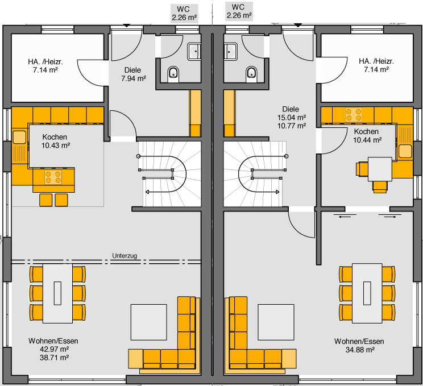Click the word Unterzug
[125, 256]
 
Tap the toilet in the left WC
[173, 74]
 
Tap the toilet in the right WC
[252, 74]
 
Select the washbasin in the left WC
[194, 51]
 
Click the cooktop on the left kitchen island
[53, 177]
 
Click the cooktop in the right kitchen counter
[354, 114]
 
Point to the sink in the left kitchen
[19, 137]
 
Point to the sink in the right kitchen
[405, 151]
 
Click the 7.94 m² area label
[134, 78]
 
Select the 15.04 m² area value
[292, 118]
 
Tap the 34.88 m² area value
[360, 350]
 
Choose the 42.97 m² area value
[54, 349]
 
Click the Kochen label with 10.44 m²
[366, 132]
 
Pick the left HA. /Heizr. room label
[45, 62]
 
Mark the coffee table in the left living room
[148, 322]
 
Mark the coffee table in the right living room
[276, 322]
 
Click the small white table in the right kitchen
[380, 169]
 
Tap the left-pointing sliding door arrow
[345, 217]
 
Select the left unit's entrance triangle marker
[127, 26]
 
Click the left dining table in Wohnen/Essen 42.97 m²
[58, 293]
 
